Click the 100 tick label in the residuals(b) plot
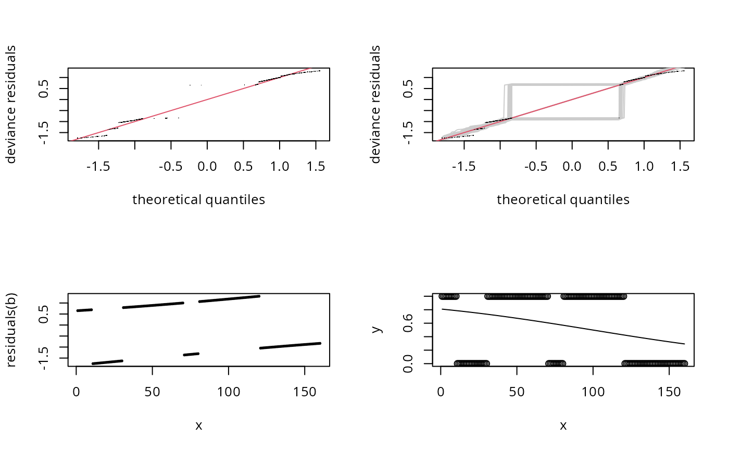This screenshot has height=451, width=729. (228, 391)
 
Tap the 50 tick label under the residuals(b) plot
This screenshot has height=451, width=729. (152, 391)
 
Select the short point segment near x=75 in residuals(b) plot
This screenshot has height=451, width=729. (191, 354)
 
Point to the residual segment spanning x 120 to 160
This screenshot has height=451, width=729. (291, 345)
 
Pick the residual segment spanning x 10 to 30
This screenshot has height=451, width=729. (107, 362)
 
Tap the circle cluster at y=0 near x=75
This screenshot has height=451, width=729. (555, 364)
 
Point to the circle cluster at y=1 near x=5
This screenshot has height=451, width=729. (449, 296)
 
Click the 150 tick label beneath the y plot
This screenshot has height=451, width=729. (669, 391)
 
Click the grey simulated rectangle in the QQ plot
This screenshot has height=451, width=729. (562, 85)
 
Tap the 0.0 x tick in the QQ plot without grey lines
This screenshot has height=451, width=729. (207, 166)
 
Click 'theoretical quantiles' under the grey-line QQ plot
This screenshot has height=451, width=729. (563, 199)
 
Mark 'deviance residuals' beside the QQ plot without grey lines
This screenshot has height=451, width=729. (11, 104)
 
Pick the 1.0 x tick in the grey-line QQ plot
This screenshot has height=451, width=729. (644, 166)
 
